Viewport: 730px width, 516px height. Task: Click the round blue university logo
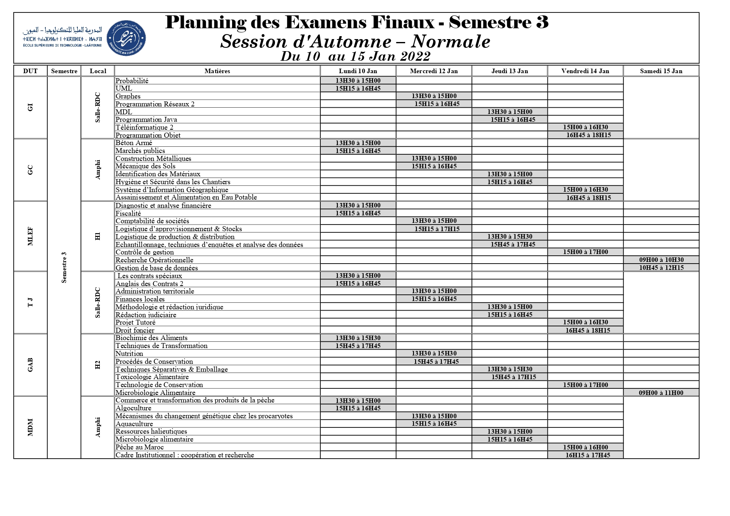[x=126, y=38]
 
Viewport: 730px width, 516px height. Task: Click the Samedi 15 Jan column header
[x=661, y=71]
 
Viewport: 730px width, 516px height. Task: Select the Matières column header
[x=217, y=71]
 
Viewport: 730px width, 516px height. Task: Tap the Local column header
[x=98, y=71]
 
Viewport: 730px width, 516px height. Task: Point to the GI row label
[x=30, y=108]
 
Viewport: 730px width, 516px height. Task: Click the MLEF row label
[x=30, y=237]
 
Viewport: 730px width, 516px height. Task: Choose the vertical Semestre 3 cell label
[x=64, y=267]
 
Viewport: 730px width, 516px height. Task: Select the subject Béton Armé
[x=134, y=143]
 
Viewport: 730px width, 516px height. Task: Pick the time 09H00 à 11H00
[x=661, y=393]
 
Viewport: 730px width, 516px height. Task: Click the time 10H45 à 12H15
[x=661, y=268]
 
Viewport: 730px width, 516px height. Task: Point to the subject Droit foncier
[x=135, y=331]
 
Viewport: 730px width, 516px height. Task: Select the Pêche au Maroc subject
[x=140, y=447]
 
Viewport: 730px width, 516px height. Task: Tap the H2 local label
[x=98, y=365]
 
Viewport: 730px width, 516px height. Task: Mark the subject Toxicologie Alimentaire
[x=152, y=377]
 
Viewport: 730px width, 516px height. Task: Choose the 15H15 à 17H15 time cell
[x=437, y=229]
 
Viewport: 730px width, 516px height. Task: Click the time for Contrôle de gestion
[x=585, y=252]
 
